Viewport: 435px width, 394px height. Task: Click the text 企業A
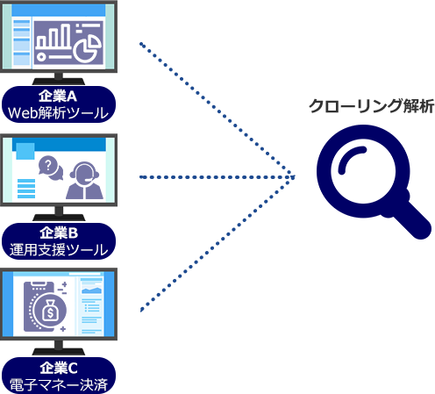tap(58, 97)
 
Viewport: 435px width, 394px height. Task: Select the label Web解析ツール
tap(58, 113)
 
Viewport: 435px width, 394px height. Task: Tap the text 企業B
tap(59, 233)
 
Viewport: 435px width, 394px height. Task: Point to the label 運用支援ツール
tap(59, 249)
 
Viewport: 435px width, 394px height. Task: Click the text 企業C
tap(59, 368)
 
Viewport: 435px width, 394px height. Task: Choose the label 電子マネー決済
tap(59, 384)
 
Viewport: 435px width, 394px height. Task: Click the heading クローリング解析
tap(371, 106)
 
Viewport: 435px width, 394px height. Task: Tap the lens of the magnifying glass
tap(363, 171)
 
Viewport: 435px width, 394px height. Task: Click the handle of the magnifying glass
tap(410, 218)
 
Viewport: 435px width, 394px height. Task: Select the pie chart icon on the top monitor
tap(88, 47)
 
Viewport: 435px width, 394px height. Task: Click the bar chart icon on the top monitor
tap(53, 37)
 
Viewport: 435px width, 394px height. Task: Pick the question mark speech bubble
tap(51, 168)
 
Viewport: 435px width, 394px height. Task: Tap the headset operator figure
tap(84, 181)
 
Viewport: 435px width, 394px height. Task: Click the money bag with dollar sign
tap(50, 311)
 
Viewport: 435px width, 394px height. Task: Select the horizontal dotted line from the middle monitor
tap(217, 177)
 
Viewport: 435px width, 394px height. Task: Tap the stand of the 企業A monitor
tap(59, 79)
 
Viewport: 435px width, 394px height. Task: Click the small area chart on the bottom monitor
tap(92, 290)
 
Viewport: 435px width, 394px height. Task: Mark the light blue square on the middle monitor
tap(25, 151)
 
